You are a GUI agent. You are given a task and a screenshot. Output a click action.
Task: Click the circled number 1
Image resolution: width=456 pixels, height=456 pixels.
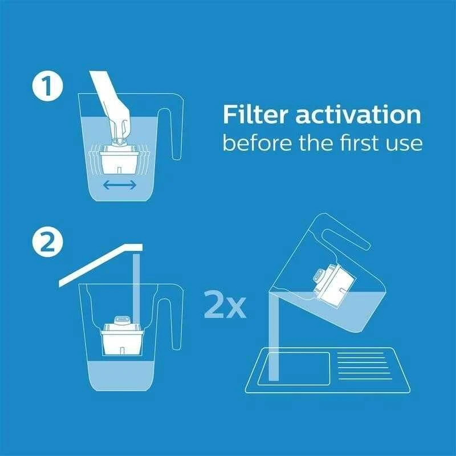(x=47, y=86)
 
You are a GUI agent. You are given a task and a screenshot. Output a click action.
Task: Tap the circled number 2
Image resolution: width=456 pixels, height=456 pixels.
(x=47, y=242)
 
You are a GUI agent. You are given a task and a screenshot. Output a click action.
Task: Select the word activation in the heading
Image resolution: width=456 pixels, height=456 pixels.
(x=359, y=115)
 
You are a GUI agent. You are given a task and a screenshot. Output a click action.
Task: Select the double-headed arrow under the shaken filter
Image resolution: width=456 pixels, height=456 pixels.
(x=120, y=185)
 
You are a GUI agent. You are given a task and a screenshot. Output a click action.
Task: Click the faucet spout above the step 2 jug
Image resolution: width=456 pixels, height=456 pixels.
(x=101, y=264)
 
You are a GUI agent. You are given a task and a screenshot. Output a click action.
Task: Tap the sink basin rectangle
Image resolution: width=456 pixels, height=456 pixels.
(x=294, y=369)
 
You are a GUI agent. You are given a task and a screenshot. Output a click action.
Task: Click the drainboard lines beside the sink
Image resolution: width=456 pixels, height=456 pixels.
(x=365, y=366)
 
